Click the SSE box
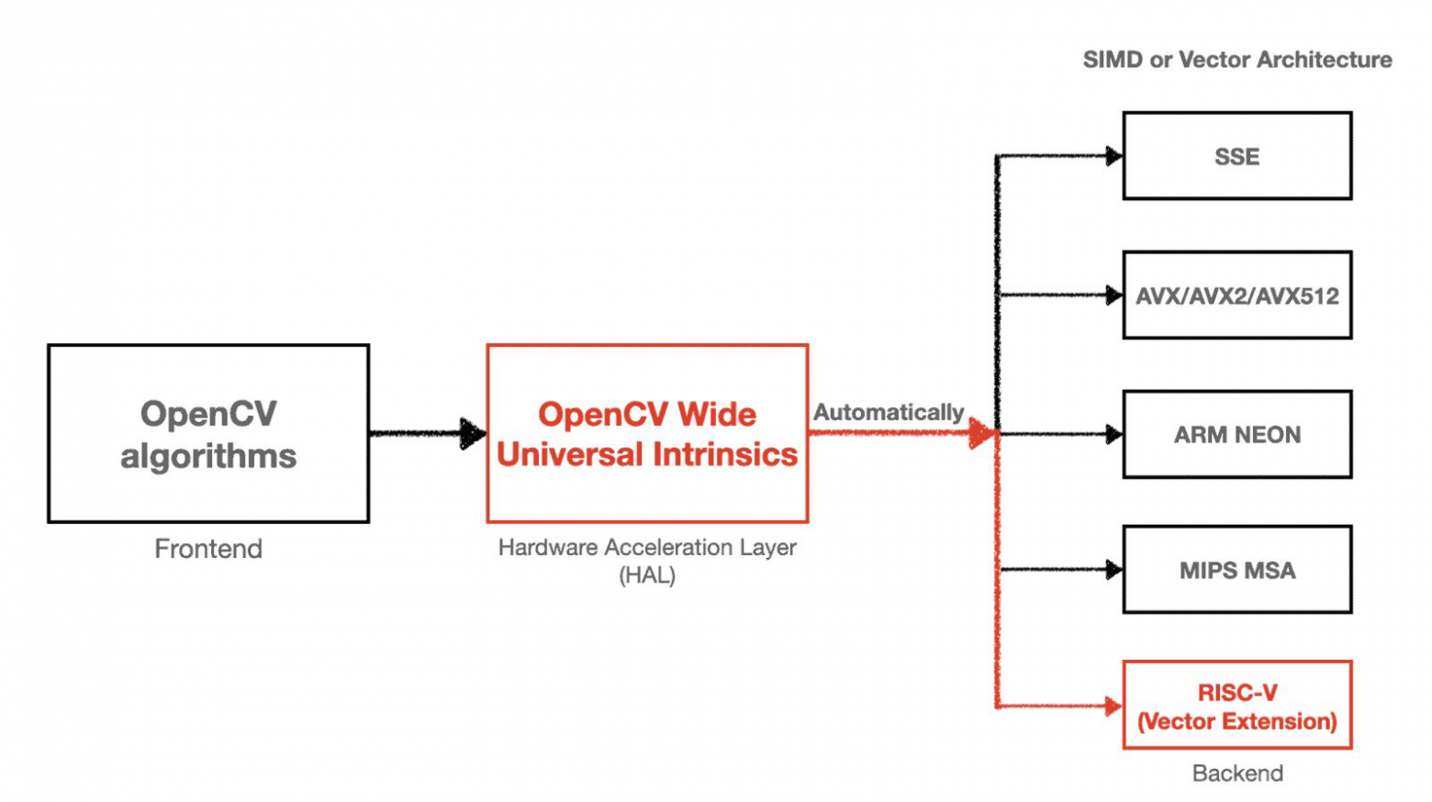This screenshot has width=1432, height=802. click(x=1236, y=156)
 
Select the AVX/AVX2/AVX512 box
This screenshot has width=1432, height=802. click(x=1236, y=295)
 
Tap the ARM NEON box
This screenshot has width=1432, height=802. click(x=1236, y=434)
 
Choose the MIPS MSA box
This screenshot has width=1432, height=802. click(x=1236, y=570)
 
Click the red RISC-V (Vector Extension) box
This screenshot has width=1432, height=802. click(x=1236, y=706)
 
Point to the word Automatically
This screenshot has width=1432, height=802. click(x=888, y=413)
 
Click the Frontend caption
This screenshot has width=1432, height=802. click(x=208, y=549)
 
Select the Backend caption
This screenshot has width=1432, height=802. click(x=1236, y=774)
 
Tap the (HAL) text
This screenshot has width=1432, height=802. click(x=647, y=576)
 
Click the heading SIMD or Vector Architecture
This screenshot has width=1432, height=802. click(x=1236, y=60)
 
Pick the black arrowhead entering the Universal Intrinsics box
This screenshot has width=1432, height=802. click(x=473, y=433)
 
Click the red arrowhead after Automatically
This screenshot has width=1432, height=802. click(x=981, y=433)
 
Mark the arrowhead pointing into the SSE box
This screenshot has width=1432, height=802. click(x=1113, y=156)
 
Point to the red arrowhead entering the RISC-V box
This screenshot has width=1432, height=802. click(x=1113, y=706)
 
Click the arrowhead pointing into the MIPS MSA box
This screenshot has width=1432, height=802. click(x=1113, y=570)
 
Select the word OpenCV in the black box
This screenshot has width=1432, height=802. click(x=208, y=414)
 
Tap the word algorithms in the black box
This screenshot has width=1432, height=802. click(x=208, y=456)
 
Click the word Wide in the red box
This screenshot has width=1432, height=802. click(x=717, y=415)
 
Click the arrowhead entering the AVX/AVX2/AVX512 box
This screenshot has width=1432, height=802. click(x=1113, y=295)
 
